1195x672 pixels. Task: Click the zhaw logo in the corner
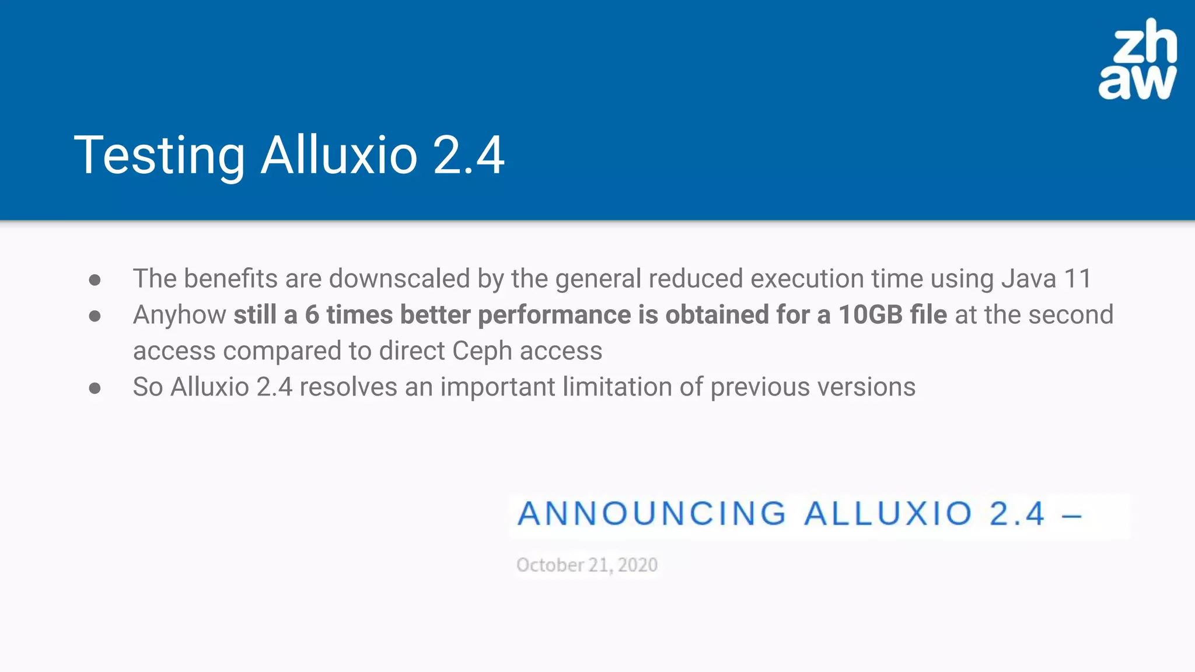[1137, 60]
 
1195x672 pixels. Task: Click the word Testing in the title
[159, 155]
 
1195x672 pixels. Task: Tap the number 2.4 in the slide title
[469, 155]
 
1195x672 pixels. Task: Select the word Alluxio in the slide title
[339, 155]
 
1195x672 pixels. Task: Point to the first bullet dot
[95, 280]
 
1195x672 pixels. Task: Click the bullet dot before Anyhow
[95, 316]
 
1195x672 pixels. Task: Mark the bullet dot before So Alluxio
[95, 388]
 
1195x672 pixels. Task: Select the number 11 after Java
[1078, 279]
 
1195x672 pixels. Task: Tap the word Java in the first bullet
[1029, 279]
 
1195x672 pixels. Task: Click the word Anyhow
[179, 316]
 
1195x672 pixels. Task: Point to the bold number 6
[312, 315]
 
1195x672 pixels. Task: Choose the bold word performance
[554, 315]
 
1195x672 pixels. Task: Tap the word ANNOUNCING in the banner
[652, 514]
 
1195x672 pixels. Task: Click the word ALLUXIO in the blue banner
[887, 514]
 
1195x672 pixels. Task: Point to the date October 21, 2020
[587, 565]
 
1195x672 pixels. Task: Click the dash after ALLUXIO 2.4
[1071, 516]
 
